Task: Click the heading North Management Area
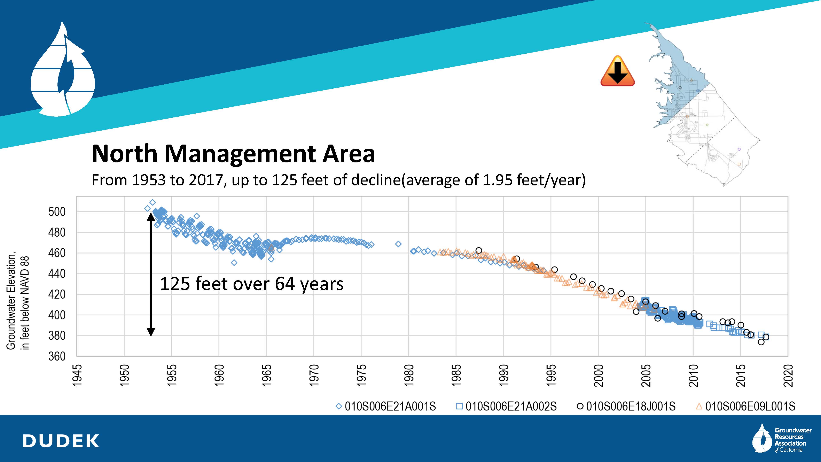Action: pyautogui.click(x=233, y=154)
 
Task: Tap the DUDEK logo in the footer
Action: pyautogui.click(x=61, y=441)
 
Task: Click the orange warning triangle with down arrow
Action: pyautogui.click(x=617, y=72)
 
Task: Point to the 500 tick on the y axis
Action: pyautogui.click(x=57, y=212)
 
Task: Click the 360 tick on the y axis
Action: pyautogui.click(x=57, y=356)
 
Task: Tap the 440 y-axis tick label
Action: pyautogui.click(x=57, y=274)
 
